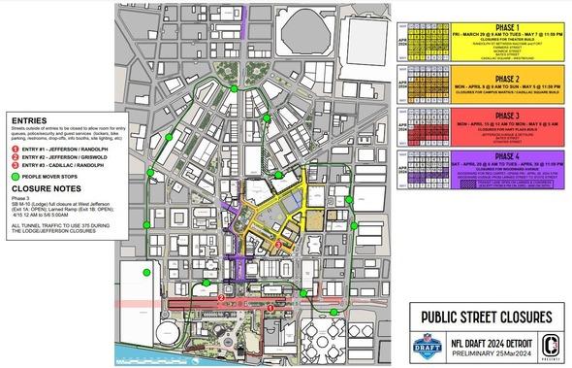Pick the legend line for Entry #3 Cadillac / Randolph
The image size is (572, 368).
pyautogui.click(x=53, y=165)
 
